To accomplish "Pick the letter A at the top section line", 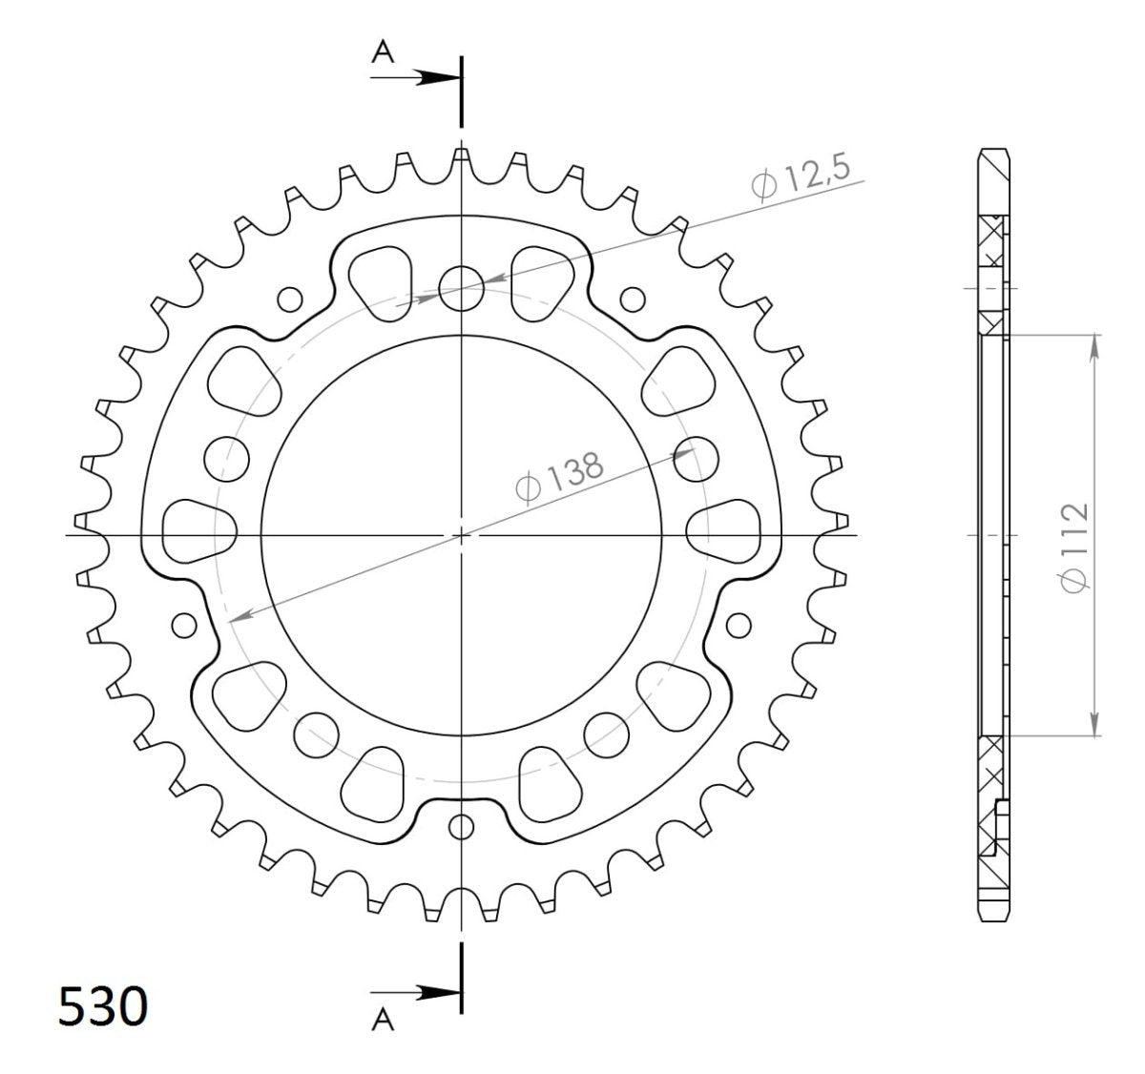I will click(383, 54).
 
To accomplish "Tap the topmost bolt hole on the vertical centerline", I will click(462, 288).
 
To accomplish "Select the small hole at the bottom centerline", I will click(462, 826).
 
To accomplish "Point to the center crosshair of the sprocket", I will click(462, 535).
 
